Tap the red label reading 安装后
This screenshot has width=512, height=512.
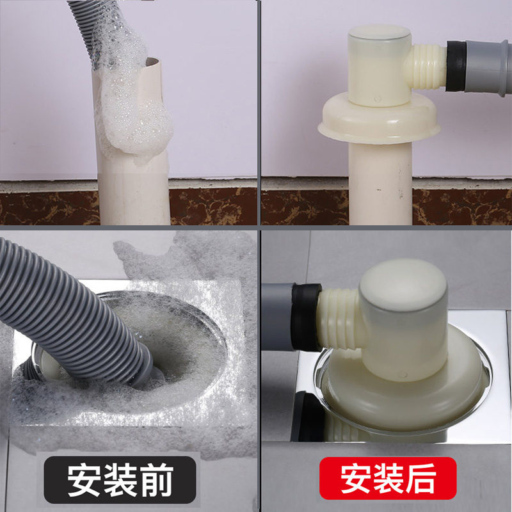(387, 478)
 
